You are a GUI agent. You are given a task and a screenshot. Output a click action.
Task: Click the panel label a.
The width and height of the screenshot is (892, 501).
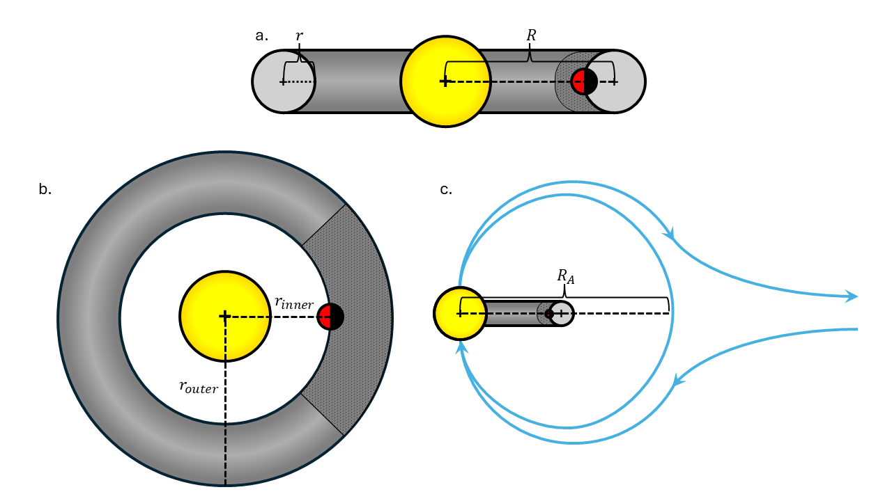pos(261,35)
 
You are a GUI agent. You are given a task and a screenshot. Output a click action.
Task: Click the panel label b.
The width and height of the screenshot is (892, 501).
pos(45,189)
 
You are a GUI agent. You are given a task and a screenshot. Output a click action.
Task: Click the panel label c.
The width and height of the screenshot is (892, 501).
pos(446,189)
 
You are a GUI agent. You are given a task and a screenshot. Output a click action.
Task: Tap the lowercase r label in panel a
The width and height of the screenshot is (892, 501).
pos(299,35)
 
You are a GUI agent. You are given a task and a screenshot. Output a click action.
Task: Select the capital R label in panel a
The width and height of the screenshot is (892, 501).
pos(531,35)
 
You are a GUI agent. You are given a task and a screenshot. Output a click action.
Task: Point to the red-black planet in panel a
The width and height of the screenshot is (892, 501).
pos(584,81)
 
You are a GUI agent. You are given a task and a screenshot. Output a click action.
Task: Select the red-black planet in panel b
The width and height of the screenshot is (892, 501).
pos(330,317)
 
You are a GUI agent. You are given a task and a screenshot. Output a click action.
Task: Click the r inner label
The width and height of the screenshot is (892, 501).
pos(293,302)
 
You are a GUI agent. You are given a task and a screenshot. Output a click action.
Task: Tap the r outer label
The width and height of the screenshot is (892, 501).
pos(199,387)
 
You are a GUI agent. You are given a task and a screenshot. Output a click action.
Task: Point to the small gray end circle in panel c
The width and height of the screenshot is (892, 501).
pos(564,314)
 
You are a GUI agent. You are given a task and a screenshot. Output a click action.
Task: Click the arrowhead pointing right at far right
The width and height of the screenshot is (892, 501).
pos(852,297)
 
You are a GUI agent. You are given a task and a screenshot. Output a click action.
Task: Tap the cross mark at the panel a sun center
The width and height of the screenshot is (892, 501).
pos(445,81)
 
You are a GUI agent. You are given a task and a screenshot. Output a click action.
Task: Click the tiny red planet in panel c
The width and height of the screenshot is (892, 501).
pos(549,314)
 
